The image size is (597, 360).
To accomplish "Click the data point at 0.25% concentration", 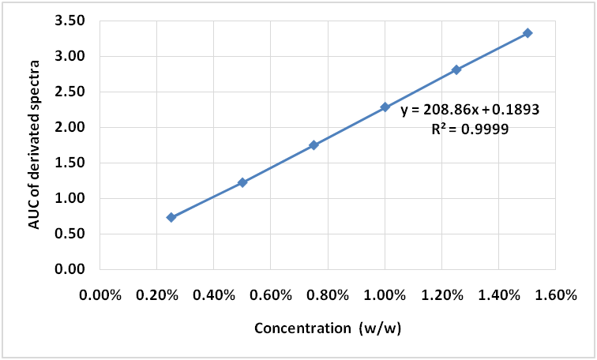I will [171, 217].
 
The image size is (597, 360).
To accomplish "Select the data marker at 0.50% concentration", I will [242, 182].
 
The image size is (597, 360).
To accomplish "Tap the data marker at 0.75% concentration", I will [314, 145].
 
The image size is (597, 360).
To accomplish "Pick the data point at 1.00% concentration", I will [385, 107].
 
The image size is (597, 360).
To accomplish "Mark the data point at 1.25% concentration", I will [456, 69].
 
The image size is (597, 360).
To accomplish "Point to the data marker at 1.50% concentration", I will [528, 33].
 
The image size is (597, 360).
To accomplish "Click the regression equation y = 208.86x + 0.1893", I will [470, 111].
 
